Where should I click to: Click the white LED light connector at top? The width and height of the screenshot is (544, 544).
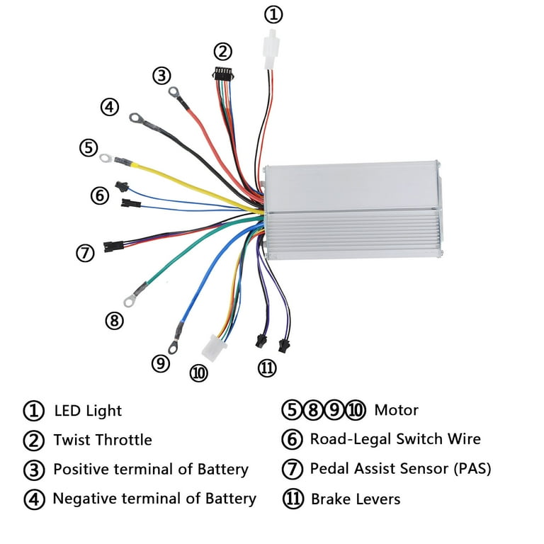271,50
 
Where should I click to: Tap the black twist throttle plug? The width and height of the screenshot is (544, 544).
222,74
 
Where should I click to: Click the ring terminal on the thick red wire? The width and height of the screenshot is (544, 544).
174,92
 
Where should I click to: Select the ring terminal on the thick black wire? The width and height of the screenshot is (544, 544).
136,118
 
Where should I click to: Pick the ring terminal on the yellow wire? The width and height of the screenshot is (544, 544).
106,158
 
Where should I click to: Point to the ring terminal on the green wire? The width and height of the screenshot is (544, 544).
129,301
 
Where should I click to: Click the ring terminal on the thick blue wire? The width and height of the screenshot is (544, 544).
172,347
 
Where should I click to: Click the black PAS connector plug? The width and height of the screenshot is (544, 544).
113,246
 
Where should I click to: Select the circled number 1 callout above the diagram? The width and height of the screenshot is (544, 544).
273,15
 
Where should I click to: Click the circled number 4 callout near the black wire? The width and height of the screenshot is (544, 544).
110,107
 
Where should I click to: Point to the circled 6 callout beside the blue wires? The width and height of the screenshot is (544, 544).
100,195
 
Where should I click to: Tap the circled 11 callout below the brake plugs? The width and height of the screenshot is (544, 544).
267,368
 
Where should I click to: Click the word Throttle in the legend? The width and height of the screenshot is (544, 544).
125,440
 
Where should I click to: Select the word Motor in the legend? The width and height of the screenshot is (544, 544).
396,410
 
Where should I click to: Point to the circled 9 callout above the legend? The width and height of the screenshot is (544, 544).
161,363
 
